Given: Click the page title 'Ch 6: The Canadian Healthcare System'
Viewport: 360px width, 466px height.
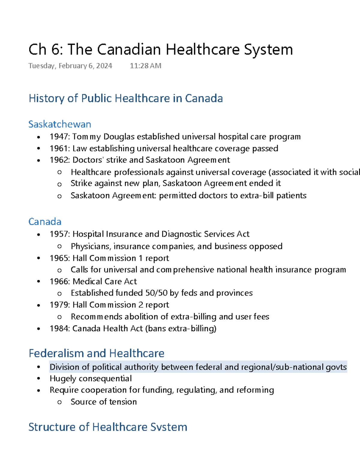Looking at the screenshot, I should (160, 50).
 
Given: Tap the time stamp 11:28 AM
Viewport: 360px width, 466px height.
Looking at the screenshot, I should (145, 66).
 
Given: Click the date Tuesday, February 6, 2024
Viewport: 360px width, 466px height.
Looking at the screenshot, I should (70, 66).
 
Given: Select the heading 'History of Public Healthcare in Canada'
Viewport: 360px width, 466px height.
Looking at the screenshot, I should (126, 98).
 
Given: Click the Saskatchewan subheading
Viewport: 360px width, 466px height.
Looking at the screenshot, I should (60, 124).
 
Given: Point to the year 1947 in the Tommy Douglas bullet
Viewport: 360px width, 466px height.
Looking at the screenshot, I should (59, 137).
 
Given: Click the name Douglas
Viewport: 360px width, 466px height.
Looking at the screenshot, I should (119, 137).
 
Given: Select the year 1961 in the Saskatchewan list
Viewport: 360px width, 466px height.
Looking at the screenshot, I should (59, 149).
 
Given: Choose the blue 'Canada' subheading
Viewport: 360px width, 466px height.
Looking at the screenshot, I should (45, 222).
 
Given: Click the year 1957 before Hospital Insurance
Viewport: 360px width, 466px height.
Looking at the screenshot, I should (59, 234).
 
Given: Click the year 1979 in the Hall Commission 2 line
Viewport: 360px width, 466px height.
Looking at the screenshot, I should (59, 305).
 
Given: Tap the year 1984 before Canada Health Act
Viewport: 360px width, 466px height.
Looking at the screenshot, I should (59, 329).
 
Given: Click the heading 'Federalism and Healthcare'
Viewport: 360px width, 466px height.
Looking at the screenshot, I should (96, 353).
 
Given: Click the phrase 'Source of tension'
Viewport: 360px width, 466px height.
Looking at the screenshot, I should (103, 402).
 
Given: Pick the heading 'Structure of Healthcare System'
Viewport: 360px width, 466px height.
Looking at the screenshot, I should (108, 427).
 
